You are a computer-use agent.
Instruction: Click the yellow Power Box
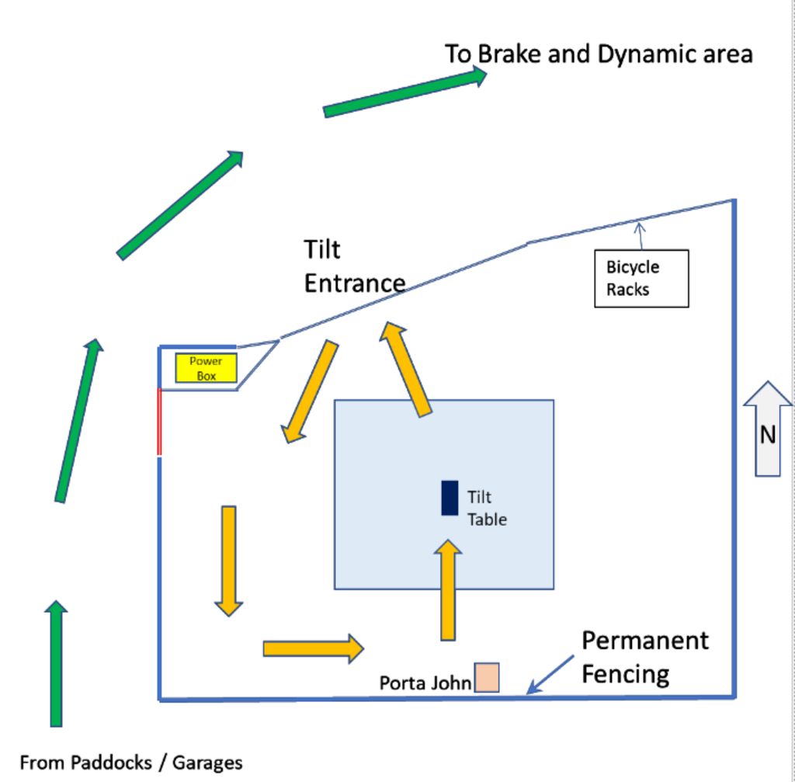(x=206, y=368)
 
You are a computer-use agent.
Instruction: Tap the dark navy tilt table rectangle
(x=450, y=498)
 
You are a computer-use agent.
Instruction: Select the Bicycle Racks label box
(x=641, y=278)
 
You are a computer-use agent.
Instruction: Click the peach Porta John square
(x=487, y=677)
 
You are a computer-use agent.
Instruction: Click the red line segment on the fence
(x=159, y=422)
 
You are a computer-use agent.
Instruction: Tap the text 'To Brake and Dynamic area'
(x=599, y=54)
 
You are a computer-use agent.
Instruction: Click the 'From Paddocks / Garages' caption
(x=131, y=763)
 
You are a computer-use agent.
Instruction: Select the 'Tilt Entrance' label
(x=354, y=266)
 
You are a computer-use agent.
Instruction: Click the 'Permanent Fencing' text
(x=644, y=657)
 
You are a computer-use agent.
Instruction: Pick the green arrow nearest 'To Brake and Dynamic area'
(x=404, y=92)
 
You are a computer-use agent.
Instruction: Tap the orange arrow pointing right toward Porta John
(x=313, y=648)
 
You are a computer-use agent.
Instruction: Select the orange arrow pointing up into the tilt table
(x=448, y=591)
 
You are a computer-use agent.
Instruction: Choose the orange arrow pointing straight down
(x=229, y=560)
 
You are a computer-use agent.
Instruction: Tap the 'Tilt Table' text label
(x=487, y=508)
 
